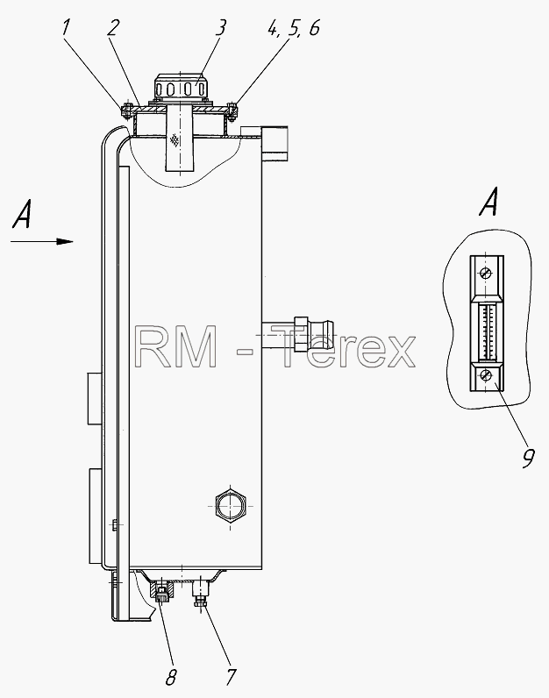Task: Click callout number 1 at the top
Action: pos(66,27)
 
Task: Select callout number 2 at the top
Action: pos(113,27)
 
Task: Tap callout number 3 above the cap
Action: pos(220,27)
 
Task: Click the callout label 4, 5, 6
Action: pos(294,29)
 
